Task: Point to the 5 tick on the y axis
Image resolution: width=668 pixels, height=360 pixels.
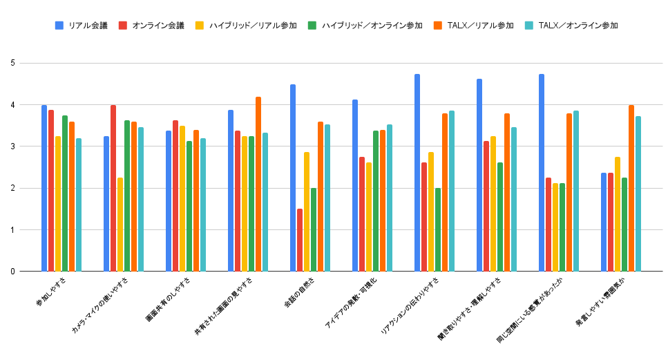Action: pos(13,64)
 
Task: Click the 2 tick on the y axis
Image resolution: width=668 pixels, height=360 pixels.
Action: pos(13,188)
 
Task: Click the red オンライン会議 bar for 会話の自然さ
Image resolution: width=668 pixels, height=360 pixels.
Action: pos(300,240)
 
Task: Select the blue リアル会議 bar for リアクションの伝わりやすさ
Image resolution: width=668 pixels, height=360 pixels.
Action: pos(417,173)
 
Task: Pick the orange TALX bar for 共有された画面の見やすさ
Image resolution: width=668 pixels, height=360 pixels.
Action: pos(258,184)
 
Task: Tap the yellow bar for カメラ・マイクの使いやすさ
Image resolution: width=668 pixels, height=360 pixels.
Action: pos(120,225)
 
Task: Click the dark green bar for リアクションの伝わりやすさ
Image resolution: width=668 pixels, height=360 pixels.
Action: pos(438,229)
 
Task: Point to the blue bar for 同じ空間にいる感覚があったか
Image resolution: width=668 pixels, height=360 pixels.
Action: pos(542,173)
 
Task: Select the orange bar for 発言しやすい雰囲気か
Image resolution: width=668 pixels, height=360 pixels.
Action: pos(631,188)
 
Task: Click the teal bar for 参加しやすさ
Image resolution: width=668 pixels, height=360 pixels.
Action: pos(79,205)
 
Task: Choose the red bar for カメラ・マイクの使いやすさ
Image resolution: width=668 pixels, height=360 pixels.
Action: pos(113,188)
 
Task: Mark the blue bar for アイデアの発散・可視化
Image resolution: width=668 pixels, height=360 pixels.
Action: pos(355,185)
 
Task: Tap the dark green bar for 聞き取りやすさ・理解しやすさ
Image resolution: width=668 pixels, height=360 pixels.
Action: pos(500,217)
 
